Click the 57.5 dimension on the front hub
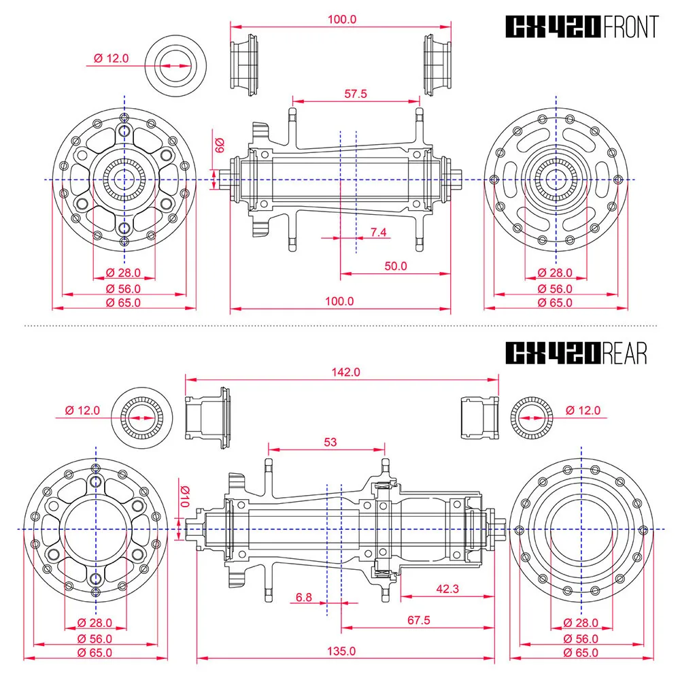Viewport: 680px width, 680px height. point(356,94)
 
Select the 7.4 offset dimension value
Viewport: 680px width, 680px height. point(378,232)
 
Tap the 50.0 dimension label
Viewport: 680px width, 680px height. point(396,266)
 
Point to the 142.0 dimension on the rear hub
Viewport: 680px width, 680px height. point(345,372)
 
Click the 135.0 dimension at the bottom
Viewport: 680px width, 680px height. point(341,651)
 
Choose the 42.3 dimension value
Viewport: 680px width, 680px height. point(447,588)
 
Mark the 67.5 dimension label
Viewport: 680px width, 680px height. point(418,619)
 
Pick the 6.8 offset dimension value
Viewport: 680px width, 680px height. point(303,597)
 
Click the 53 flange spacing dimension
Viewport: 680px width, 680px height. point(330,442)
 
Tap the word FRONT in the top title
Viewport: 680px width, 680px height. point(631,27)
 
